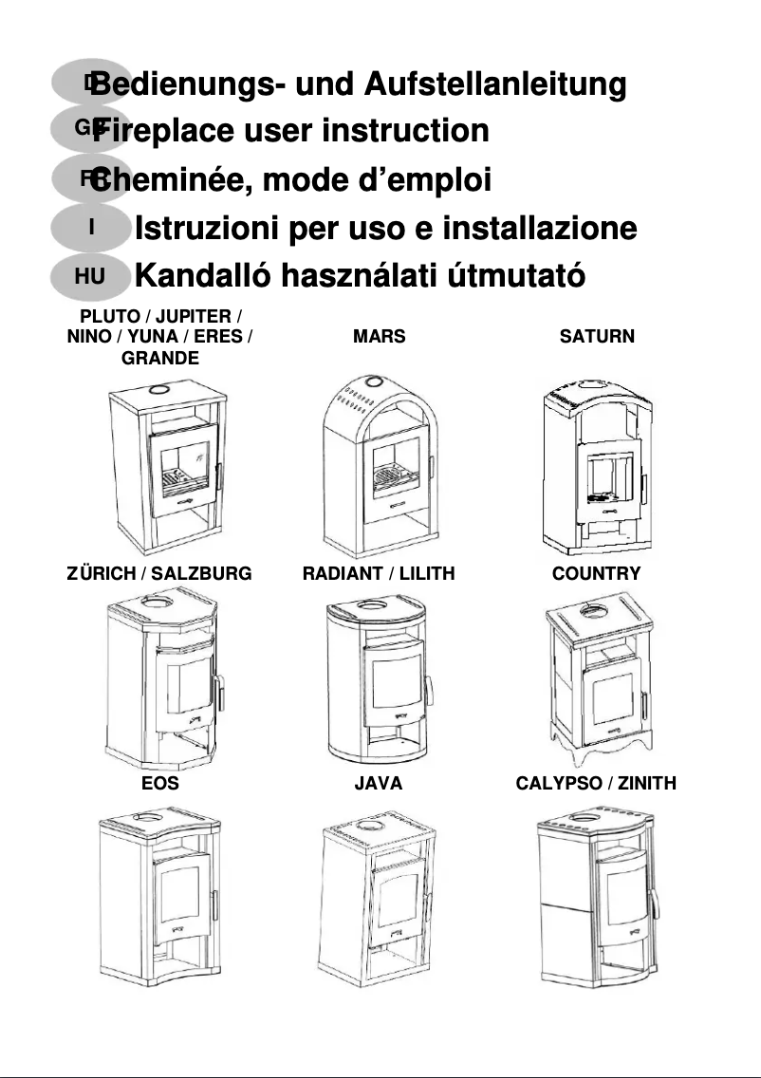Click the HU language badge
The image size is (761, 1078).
[x=90, y=276]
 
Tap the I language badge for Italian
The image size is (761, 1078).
[x=90, y=227]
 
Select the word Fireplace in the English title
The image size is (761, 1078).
[x=163, y=131]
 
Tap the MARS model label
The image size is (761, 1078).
[x=379, y=336]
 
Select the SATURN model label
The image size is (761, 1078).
[x=597, y=336]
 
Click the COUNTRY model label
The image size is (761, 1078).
[x=596, y=573]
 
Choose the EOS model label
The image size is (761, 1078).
[x=160, y=783]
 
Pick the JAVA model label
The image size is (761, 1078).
[x=378, y=783]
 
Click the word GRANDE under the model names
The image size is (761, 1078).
[x=160, y=358]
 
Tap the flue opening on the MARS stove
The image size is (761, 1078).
[x=374, y=381]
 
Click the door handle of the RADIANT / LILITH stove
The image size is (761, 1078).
[x=428, y=691]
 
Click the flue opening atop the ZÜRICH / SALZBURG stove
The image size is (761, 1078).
[x=158, y=603]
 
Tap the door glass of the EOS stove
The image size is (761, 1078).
[x=179, y=895]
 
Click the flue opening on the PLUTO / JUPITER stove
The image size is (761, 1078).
[x=158, y=390]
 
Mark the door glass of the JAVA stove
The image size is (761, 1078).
[x=398, y=892]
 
